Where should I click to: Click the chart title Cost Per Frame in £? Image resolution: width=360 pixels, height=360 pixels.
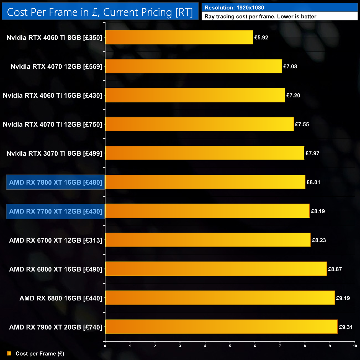(x=100, y=12)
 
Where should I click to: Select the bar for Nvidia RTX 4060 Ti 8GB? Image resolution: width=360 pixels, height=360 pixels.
(x=179, y=37)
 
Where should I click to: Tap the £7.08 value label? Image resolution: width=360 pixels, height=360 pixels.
(x=290, y=66)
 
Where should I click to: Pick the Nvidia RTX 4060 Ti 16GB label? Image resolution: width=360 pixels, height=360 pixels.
(x=53, y=96)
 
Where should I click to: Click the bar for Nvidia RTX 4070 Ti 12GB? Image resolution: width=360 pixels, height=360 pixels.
(x=199, y=124)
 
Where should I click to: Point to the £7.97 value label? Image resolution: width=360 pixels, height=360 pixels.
(x=312, y=153)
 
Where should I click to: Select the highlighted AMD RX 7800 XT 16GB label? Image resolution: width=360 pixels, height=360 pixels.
(x=56, y=182)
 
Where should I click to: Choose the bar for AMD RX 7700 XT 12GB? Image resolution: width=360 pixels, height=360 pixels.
(x=207, y=211)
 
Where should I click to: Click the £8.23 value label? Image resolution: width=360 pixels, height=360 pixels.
(x=319, y=240)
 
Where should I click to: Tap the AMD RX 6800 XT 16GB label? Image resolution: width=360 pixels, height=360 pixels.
(x=56, y=269)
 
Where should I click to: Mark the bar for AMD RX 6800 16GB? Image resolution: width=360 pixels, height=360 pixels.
(x=220, y=298)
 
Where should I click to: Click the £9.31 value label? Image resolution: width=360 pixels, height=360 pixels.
(x=346, y=327)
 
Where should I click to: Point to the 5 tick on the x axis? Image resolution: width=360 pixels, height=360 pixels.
(x=230, y=346)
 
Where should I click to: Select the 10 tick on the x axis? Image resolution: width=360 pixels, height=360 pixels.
(x=355, y=346)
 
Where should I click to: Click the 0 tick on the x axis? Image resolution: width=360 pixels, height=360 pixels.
(x=105, y=346)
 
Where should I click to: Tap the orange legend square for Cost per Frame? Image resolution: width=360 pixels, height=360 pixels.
(x=9, y=353)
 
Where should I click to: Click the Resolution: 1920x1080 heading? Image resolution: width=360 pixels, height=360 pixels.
(x=234, y=8)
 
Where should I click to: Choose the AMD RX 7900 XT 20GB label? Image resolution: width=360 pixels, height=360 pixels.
(x=56, y=327)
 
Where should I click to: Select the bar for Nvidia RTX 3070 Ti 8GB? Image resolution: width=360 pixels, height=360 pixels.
(x=205, y=153)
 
